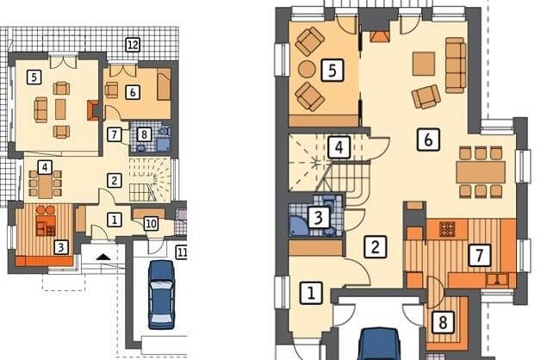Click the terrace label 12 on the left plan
(x=133, y=45)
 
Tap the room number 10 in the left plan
(x=151, y=224)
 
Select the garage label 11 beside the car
(x=182, y=252)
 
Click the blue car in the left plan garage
(x=161, y=295)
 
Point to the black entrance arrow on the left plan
(x=103, y=257)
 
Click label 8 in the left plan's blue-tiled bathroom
(x=144, y=134)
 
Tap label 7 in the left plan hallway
(x=115, y=134)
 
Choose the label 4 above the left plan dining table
(x=45, y=167)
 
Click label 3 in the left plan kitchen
(x=61, y=247)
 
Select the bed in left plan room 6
(x=164, y=84)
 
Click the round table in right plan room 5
(x=307, y=69)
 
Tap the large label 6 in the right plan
(x=428, y=140)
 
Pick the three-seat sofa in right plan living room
(x=456, y=65)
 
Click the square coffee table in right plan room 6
(x=424, y=64)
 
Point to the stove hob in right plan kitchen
(x=447, y=229)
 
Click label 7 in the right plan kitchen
(x=479, y=255)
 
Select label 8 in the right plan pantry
(x=443, y=323)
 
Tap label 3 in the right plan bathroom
(x=319, y=217)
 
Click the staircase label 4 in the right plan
(x=339, y=147)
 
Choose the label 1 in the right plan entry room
(x=311, y=293)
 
